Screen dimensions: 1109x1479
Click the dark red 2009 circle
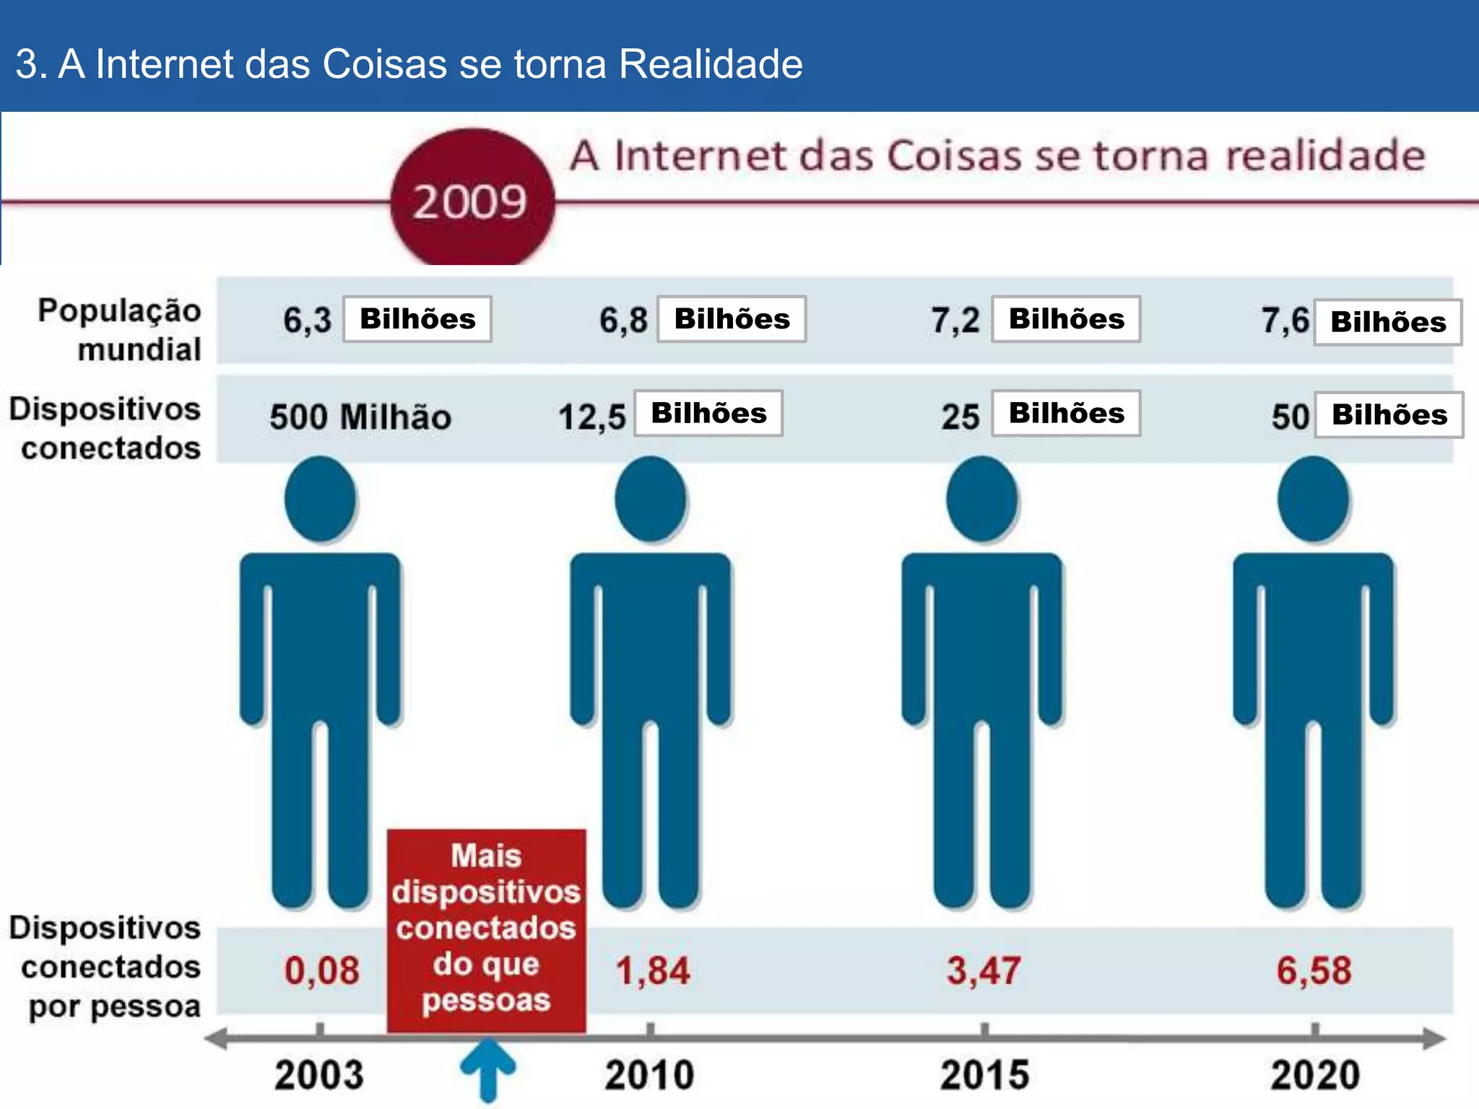(x=472, y=199)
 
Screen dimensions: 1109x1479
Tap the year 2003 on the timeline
(x=318, y=1074)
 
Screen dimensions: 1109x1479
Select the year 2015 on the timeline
(x=984, y=1074)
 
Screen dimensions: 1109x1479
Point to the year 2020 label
(x=1314, y=1074)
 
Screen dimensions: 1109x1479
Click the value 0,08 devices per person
(x=321, y=970)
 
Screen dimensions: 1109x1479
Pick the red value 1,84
(x=652, y=970)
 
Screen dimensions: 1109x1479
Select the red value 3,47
(x=984, y=970)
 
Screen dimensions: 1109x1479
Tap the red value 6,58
(x=1314, y=970)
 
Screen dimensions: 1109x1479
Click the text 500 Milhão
(x=360, y=417)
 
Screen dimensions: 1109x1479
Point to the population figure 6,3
(x=307, y=320)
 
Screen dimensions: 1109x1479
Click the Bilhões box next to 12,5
(x=708, y=413)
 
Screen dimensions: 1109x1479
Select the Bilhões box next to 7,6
(x=1387, y=322)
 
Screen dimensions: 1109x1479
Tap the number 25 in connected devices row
(x=960, y=417)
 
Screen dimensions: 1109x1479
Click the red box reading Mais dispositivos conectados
(x=486, y=929)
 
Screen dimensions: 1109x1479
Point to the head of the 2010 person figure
(x=651, y=499)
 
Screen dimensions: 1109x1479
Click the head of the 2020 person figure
(x=1313, y=499)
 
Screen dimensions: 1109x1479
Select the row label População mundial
(x=119, y=330)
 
